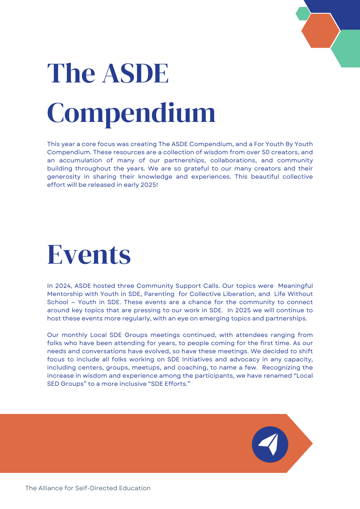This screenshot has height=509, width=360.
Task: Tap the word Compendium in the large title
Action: click(131, 113)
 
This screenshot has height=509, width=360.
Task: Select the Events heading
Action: click(89, 254)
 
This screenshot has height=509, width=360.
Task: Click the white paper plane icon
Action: click(269, 444)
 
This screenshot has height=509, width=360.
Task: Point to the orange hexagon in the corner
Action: click(320, 31)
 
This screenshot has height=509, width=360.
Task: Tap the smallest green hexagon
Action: click(303, 13)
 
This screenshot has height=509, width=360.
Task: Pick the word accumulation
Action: click(80, 160)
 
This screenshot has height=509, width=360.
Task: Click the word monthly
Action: click(74, 335)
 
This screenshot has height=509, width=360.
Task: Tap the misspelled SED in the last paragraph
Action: click(53, 384)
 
